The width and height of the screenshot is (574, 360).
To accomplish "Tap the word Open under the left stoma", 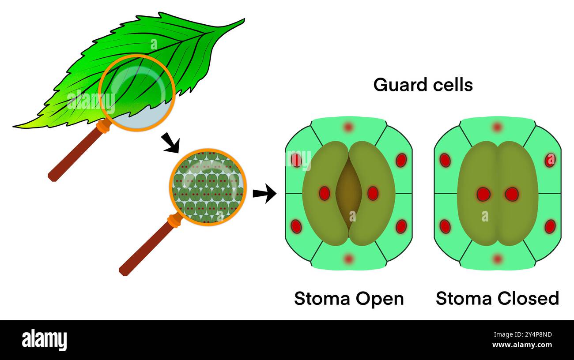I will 380,299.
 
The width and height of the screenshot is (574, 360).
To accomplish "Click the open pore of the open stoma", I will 348,193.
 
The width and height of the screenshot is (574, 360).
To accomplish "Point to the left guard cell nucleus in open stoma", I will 325,193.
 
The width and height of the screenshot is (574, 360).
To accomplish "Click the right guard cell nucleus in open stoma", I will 373,193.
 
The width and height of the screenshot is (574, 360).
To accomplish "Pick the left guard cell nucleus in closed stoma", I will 483,194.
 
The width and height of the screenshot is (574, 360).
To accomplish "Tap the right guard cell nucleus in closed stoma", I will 512,194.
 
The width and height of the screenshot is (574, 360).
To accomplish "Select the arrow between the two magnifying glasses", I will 170,142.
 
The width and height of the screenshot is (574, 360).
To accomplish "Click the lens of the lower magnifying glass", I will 208,187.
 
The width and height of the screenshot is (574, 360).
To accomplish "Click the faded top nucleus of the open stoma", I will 348,127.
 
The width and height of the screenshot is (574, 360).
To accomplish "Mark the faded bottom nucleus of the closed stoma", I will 498,259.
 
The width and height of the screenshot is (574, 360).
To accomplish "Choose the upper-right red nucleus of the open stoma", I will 401,160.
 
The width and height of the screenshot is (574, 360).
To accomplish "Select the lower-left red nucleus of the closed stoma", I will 445,226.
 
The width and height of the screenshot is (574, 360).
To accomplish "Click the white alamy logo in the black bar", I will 44,340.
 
